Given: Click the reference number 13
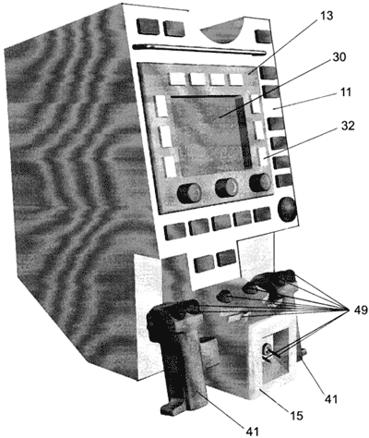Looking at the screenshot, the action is click(x=327, y=16).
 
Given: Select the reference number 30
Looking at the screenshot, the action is click(x=339, y=57).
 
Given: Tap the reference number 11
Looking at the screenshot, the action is click(x=346, y=92).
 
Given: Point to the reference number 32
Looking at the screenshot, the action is click(x=347, y=126).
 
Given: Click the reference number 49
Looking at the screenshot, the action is click(x=360, y=310).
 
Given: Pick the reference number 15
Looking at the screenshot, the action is click(x=296, y=416).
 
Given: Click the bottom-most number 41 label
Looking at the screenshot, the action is click(x=252, y=432).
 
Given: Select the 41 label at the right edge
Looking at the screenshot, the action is click(x=330, y=399).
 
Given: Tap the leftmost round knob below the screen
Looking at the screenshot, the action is click(x=189, y=193).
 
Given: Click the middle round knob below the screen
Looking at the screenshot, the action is click(x=227, y=188).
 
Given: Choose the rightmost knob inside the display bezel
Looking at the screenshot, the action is click(x=261, y=183).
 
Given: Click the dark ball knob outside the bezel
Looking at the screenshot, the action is click(x=287, y=209).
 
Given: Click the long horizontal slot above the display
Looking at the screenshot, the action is click(x=199, y=50).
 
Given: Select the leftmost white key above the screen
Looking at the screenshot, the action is click(x=177, y=79).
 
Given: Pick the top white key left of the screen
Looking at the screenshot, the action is click(x=161, y=106).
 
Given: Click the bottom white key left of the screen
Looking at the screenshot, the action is click(x=170, y=166).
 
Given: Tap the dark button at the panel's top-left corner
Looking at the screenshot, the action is click(x=148, y=27).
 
